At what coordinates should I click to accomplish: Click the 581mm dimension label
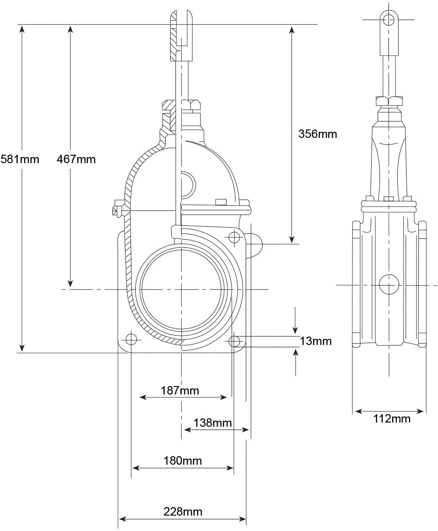20,159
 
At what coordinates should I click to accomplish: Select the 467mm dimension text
76,159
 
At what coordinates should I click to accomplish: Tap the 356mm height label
318,134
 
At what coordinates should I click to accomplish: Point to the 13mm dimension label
315,341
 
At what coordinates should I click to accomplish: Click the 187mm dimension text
180,390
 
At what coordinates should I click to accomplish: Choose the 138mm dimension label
212,423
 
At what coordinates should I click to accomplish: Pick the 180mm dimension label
182,460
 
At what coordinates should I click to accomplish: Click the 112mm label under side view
392,418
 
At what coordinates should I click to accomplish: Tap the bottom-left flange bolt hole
131,339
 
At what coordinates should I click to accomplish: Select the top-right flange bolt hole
234,237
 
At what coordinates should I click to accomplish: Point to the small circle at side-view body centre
389,285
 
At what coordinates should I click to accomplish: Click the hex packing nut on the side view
388,101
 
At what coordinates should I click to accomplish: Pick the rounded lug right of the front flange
254,244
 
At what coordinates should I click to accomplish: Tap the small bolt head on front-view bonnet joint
221,202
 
